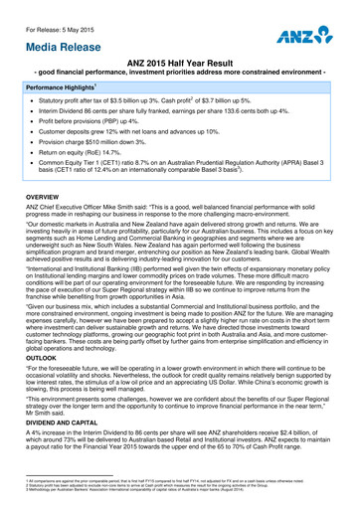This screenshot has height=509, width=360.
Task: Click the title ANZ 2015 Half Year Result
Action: (x=179, y=63)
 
